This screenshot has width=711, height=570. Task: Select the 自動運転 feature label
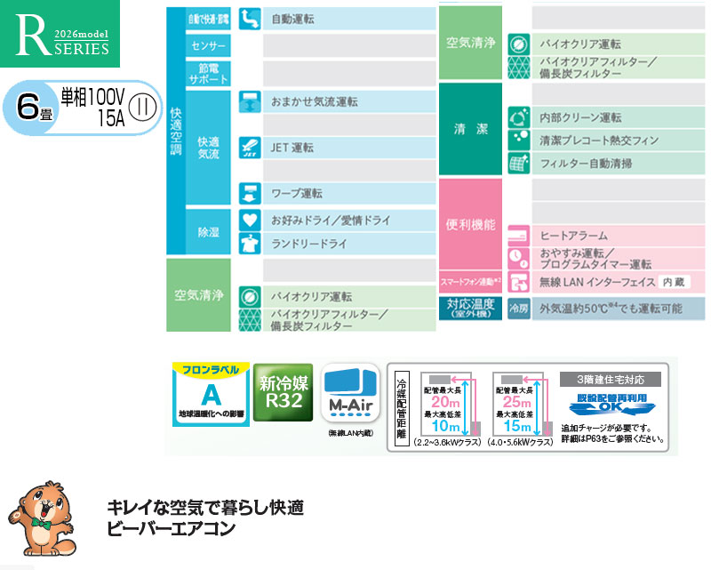tap(292, 19)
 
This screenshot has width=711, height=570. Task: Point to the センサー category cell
tap(208, 45)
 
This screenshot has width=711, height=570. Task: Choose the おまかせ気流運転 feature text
tap(315, 102)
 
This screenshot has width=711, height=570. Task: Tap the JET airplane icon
tap(249, 148)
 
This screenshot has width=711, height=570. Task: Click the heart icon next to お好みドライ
tap(249, 219)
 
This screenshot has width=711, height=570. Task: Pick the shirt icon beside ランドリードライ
tap(249, 243)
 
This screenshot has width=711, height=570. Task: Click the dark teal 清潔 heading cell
tap(470, 130)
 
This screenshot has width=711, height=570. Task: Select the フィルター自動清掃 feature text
tap(586, 164)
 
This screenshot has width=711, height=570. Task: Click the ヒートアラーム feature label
tap(574, 236)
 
